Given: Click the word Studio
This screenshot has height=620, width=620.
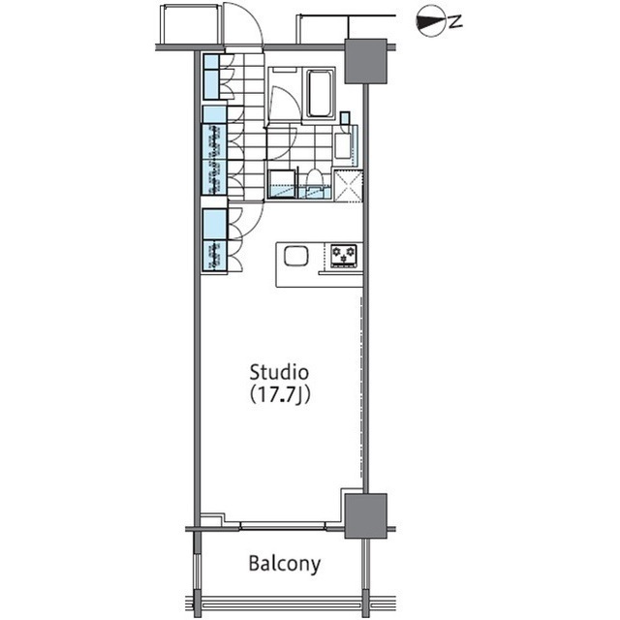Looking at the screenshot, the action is point(279,372).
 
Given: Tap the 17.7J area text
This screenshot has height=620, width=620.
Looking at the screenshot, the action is point(280,394).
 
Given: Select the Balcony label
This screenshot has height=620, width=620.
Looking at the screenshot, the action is point(284,564).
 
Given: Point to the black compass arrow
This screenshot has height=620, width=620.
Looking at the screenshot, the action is point(429,21).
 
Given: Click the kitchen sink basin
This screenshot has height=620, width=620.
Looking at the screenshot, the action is point(295,256).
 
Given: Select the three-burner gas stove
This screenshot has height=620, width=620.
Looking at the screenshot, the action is point(344,256).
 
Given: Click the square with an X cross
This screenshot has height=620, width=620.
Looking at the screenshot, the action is point(349,186).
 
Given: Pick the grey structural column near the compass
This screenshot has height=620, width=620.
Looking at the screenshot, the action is point(365,61).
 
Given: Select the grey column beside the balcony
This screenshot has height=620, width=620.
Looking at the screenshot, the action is point(365,515).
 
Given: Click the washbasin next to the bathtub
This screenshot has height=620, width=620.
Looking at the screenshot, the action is point(342,146).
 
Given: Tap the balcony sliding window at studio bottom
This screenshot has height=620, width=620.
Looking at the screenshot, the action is point(282,526).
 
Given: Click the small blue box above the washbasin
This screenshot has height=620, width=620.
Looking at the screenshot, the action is point(345,118).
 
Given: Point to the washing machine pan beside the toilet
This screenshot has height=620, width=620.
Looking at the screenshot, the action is point(282,184).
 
